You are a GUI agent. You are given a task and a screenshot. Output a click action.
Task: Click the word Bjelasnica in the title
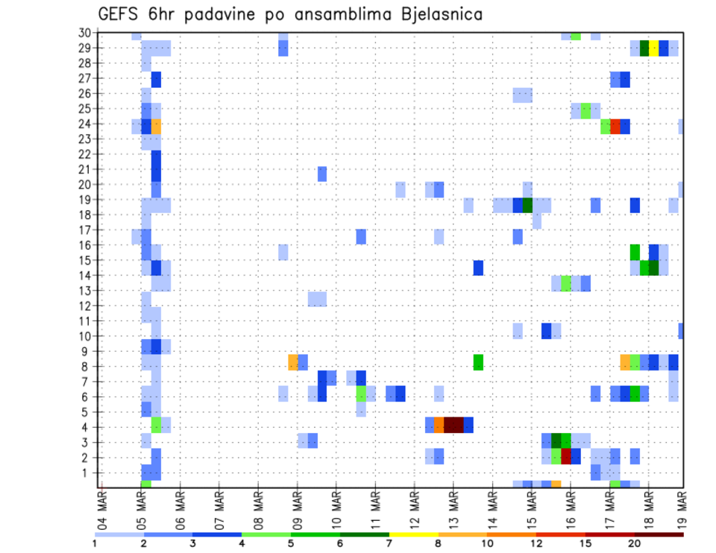pyautogui.click(x=429, y=14)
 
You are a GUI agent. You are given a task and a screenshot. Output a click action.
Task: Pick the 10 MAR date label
pyautogui.click(x=336, y=505)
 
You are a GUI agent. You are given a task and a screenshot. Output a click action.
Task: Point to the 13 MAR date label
pyautogui.click(x=453, y=505)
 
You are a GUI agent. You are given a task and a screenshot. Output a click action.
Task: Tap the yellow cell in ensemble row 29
pyautogui.click(x=654, y=48)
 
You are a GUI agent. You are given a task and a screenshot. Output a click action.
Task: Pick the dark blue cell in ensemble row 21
pyautogui.click(x=157, y=169)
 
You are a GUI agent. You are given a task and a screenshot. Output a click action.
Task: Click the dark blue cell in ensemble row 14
pyautogui.click(x=478, y=267)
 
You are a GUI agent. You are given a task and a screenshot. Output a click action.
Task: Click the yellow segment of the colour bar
pyautogui.click(x=413, y=534)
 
